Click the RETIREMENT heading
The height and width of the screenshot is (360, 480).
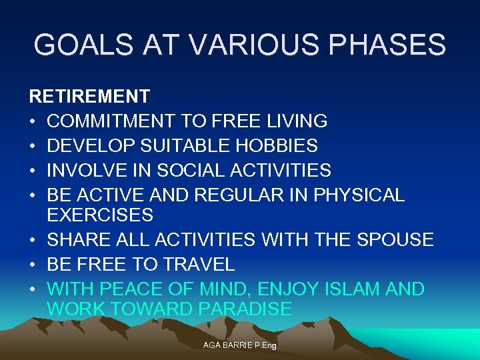pos(89,97)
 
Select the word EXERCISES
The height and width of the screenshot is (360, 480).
pos(100,215)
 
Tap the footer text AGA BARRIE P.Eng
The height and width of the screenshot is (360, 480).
pos(240,346)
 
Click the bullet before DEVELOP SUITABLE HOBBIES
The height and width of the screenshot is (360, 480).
pos(33,146)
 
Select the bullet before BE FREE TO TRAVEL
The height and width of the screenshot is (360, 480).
pos(33,265)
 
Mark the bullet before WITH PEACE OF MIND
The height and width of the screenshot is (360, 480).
pos(33,289)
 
